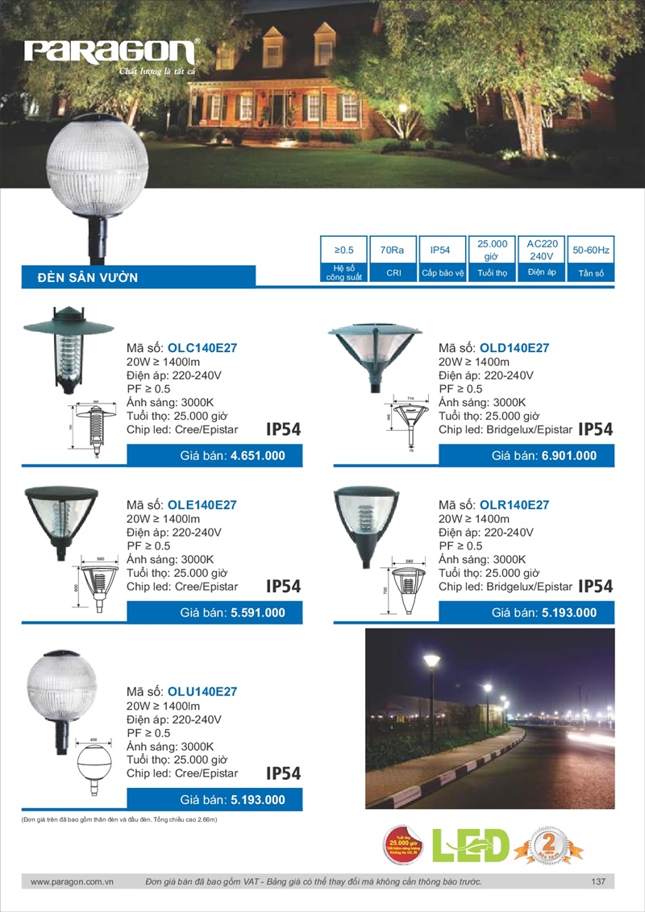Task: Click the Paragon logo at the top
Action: [x=111, y=54]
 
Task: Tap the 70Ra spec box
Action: [x=393, y=251]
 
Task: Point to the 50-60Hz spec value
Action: [x=591, y=251]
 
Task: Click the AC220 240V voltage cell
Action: [x=541, y=250]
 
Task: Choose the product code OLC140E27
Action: [x=202, y=349]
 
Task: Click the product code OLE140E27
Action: [x=202, y=505]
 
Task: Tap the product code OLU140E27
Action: [x=202, y=692]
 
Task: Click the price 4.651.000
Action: [x=257, y=455]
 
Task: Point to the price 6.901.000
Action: [x=569, y=455]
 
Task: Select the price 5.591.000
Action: [x=257, y=612]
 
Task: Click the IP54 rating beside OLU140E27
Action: [x=283, y=774]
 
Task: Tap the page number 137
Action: [x=597, y=882]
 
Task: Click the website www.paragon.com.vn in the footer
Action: [x=73, y=882]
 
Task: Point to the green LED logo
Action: [x=472, y=845]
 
